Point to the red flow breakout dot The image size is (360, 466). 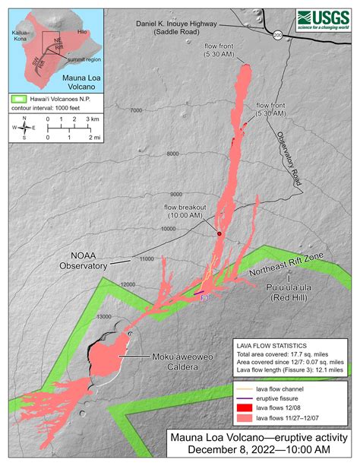click(219, 234)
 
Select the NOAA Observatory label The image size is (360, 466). click(84, 262)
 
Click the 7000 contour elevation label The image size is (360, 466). click(136, 112)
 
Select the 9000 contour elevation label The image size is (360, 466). click(178, 194)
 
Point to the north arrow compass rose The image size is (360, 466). click(24, 127)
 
